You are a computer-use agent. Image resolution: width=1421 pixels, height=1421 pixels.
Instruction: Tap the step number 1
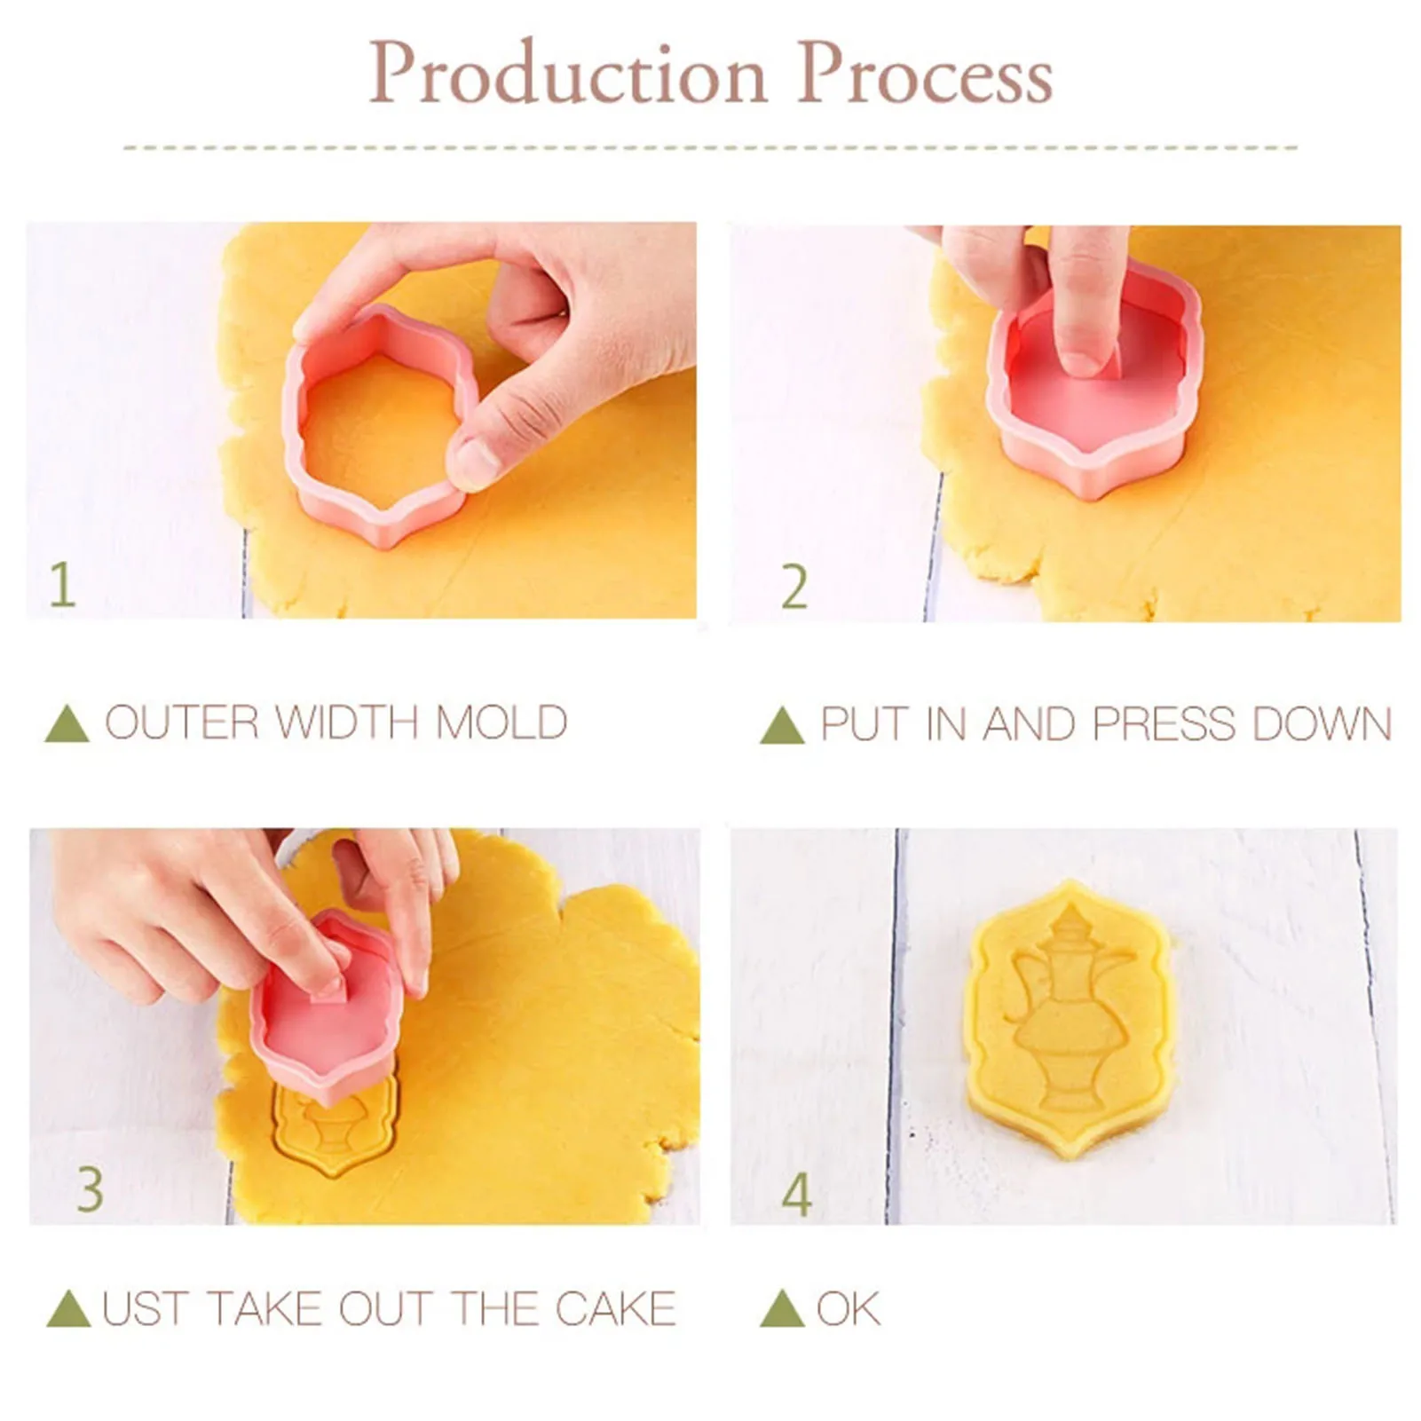click(x=61, y=585)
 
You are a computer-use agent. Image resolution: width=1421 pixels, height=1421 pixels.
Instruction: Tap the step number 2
click(x=793, y=587)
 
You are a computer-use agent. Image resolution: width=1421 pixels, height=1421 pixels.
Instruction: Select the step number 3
click(x=90, y=1189)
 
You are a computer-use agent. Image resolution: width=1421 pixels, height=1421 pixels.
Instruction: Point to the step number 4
click(x=796, y=1195)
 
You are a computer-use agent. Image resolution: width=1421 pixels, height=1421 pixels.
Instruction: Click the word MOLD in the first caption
click(x=501, y=722)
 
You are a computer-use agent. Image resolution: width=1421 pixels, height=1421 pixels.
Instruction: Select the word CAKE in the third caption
click(x=616, y=1308)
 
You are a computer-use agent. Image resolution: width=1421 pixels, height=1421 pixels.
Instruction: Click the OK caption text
click(x=848, y=1308)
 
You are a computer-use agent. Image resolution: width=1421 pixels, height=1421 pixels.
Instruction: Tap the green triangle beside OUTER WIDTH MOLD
click(x=67, y=723)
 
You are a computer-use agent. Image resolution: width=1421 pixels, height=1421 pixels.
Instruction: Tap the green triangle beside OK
click(x=782, y=1309)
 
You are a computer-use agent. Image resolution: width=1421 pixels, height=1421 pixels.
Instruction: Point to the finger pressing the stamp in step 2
click(x=1086, y=302)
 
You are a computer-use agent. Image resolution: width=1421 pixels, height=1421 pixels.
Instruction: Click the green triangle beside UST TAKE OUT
click(x=68, y=1309)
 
